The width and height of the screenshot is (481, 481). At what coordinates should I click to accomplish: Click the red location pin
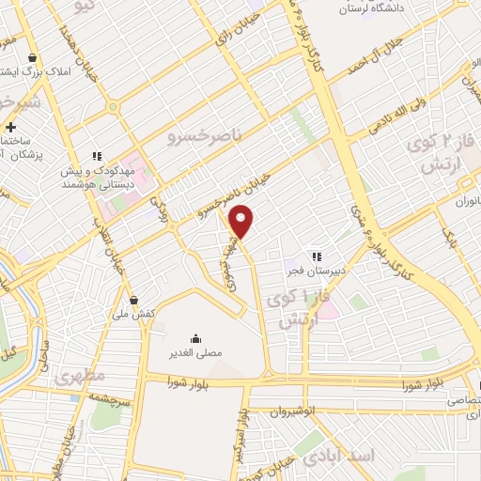pyautogui.click(x=242, y=221)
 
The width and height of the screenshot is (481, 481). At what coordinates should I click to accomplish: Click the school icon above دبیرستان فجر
pyautogui.click(x=317, y=256)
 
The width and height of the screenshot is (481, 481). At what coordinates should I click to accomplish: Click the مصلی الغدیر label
pyautogui.click(x=195, y=353)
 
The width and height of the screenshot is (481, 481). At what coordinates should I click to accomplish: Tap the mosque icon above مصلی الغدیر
pyautogui.click(x=195, y=338)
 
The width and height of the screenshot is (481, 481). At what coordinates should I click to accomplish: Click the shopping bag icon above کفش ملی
pyautogui.click(x=135, y=301)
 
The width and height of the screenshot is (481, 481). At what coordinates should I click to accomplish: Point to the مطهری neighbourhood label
pyautogui.click(x=79, y=377)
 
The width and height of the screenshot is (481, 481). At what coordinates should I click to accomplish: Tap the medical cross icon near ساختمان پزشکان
pyautogui.click(x=10, y=127)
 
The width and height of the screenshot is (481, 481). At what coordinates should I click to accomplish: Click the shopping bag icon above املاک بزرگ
pyautogui.click(x=34, y=57)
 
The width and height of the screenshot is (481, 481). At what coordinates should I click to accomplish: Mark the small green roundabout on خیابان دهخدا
pyautogui.click(x=112, y=107)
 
